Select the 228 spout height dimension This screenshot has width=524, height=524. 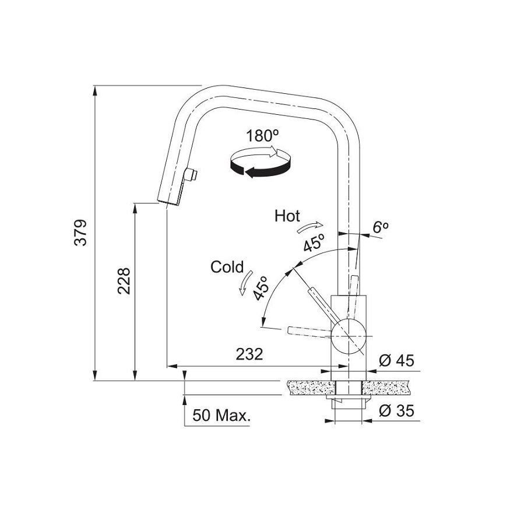124,280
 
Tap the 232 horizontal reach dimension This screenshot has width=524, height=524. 249,354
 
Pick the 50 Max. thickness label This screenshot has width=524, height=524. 221,416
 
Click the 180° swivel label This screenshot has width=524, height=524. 262,137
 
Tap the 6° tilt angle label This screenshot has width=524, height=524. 381,228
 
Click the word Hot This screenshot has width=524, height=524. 287,216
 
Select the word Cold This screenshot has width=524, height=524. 227,267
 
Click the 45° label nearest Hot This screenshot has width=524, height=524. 313,241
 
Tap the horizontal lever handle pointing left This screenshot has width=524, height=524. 309,331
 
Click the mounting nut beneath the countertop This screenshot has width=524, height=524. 348,402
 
